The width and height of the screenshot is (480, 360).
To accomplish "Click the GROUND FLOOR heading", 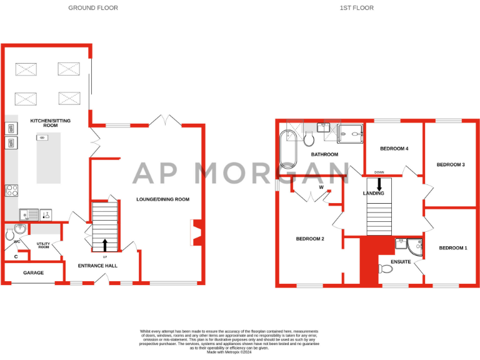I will pyautogui.click(x=92, y=8).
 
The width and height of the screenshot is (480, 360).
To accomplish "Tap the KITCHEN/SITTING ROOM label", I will pyautogui.click(x=51, y=122).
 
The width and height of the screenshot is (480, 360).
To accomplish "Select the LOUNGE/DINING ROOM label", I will pyautogui.click(x=162, y=199).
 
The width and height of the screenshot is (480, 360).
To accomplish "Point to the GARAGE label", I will pyautogui.click(x=33, y=273).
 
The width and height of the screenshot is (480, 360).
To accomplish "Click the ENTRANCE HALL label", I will pyautogui.click(x=97, y=266).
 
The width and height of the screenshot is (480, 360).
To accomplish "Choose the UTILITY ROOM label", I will pyautogui.click(x=43, y=246).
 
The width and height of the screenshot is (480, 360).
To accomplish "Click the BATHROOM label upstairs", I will pyautogui.click(x=324, y=154).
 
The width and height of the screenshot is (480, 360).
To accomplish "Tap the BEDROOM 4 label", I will pyautogui.click(x=394, y=149).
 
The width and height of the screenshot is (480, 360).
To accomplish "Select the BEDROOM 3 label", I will pyautogui.click(x=451, y=164).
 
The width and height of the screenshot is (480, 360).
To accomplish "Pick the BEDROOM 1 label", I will pyautogui.click(x=452, y=248).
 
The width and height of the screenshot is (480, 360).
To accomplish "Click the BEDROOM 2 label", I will pyautogui.click(x=309, y=239).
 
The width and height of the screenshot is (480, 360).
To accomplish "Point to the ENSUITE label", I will pyautogui.click(x=401, y=261).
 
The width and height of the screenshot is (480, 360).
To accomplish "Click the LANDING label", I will pyautogui.click(x=373, y=194).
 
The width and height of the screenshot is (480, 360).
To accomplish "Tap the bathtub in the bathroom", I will pyautogui.click(x=289, y=149).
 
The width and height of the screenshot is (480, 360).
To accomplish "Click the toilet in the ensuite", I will pyautogui.click(x=386, y=269).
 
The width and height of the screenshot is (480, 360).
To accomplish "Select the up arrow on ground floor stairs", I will pyautogui.click(x=104, y=244).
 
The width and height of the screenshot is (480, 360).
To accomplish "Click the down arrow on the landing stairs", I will pyautogui.click(x=379, y=184).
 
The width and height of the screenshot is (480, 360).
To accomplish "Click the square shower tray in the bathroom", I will pyautogui.click(x=351, y=132).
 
